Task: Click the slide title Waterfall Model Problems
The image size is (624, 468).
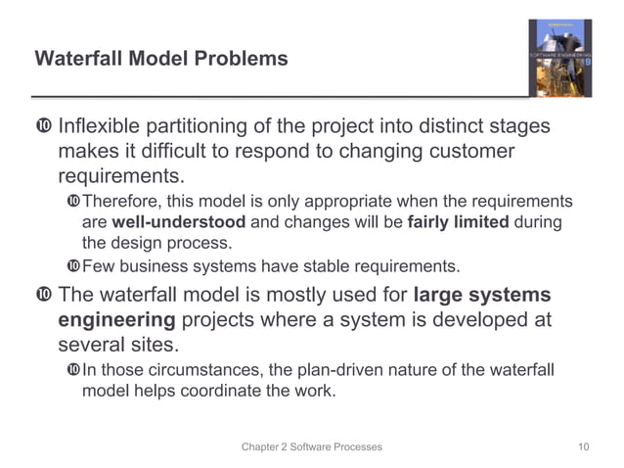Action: tap(161, 59)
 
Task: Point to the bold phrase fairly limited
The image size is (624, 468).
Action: tap(456, 222)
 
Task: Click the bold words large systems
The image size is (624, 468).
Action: tap(482, 295)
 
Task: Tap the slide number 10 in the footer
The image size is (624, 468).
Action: tap(584, 446)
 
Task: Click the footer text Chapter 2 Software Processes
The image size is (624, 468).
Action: tap(312, 446)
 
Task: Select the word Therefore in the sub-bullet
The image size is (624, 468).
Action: tap(121, 202)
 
